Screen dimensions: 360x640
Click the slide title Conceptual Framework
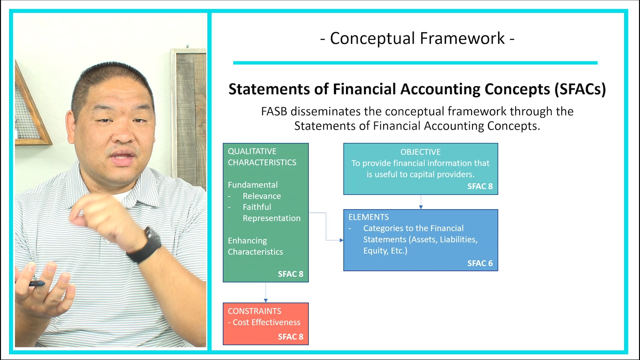417,38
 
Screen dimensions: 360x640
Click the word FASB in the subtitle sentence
274,111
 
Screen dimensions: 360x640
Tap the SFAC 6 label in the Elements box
480,263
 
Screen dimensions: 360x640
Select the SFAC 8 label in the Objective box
480,186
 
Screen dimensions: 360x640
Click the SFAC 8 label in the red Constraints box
290,337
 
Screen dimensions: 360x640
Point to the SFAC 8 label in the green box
290,274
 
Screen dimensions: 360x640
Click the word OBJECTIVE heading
420,152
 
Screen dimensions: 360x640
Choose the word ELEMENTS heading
368,217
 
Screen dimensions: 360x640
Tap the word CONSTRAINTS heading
254,311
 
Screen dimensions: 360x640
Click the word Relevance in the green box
262,196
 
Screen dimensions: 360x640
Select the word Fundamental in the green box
253,185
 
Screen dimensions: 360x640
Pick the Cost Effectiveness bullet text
266,322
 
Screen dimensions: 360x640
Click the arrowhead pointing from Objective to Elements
421,207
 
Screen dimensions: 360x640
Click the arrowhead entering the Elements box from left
341,240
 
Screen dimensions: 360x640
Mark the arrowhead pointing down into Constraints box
266,300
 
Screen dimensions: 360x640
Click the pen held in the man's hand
37,284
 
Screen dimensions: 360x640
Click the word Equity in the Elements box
375,251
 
